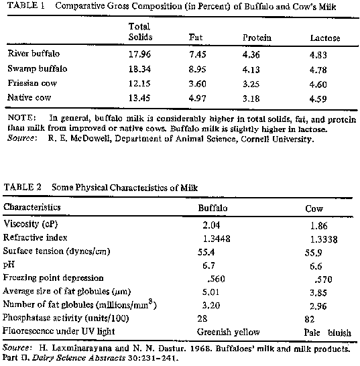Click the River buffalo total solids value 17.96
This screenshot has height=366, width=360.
pos(139,54)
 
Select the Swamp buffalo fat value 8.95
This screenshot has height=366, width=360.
pos(197,69)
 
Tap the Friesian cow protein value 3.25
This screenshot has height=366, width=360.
pos(251,84)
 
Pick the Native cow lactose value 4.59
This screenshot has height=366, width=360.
pos(318,99)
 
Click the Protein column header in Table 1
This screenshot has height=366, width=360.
pos(257,38)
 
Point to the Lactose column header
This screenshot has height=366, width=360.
pos(324,38)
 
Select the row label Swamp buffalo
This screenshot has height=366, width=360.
pos(38,68)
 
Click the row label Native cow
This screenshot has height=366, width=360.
pos(29,97)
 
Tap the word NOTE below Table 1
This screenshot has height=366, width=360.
pos(21,117)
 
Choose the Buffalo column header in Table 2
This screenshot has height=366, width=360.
pos(213,208)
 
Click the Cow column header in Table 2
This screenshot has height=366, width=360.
pos(314,208)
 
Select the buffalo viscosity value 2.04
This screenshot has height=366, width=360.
pos(211,225)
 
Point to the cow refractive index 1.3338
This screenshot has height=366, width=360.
pos(324,239)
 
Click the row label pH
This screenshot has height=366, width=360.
pos(9,265)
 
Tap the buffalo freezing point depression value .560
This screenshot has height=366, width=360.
pos(216,279)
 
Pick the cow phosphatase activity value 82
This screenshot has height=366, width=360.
pos(309,319)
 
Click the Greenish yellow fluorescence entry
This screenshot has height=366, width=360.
pos(228,332)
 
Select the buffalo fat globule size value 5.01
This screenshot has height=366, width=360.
pos(211,292)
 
